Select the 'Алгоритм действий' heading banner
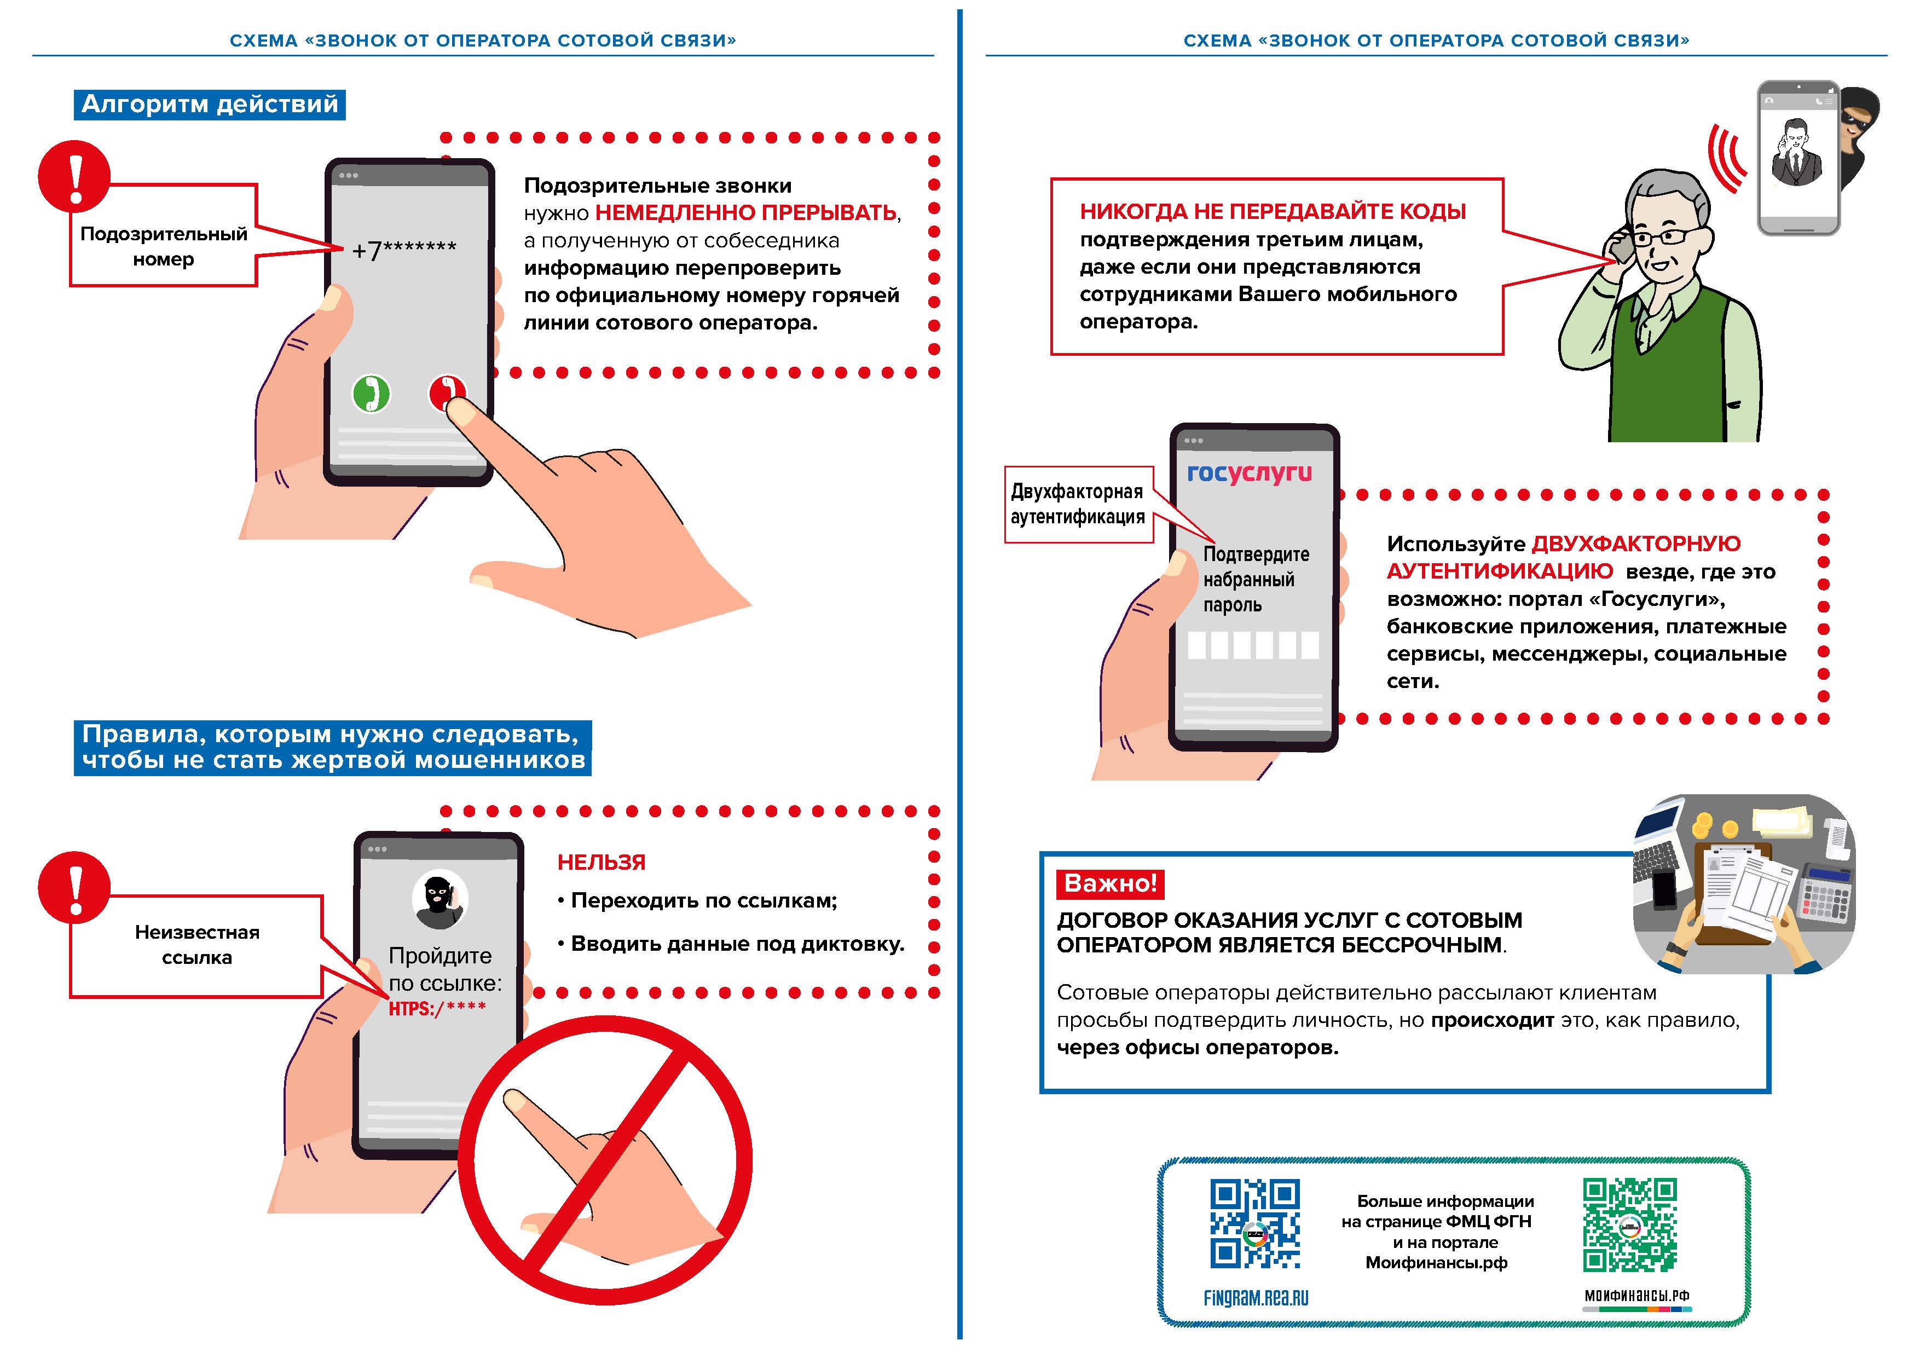point(209,105)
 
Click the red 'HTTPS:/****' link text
point(437,1008)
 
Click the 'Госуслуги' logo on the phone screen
point(1250,473)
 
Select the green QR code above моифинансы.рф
point(1629,1224)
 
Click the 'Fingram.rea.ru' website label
point(1255,1299)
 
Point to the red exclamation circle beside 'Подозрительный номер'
point(74,176)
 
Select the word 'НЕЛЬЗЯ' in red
point(602,862)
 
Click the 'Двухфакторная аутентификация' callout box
point(1078,504)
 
